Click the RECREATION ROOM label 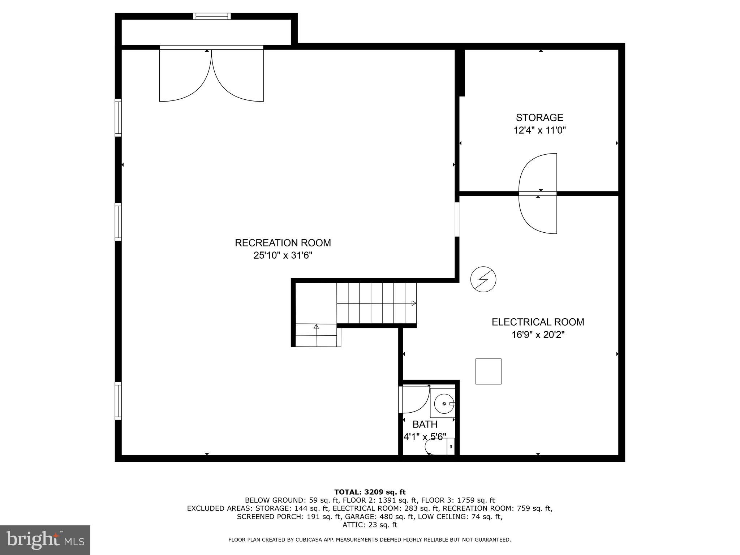283,243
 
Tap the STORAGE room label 539,118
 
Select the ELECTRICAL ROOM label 538,322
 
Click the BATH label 425,424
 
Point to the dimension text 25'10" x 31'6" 283,255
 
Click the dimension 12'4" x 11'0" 539,130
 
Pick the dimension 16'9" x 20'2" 538,335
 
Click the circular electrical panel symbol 483,279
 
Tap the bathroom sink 444,404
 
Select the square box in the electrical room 488,371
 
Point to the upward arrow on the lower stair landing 316,327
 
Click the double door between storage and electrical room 538,194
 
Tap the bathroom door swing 416,400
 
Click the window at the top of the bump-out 212,16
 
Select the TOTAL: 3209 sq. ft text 370,492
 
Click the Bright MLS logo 45,540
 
